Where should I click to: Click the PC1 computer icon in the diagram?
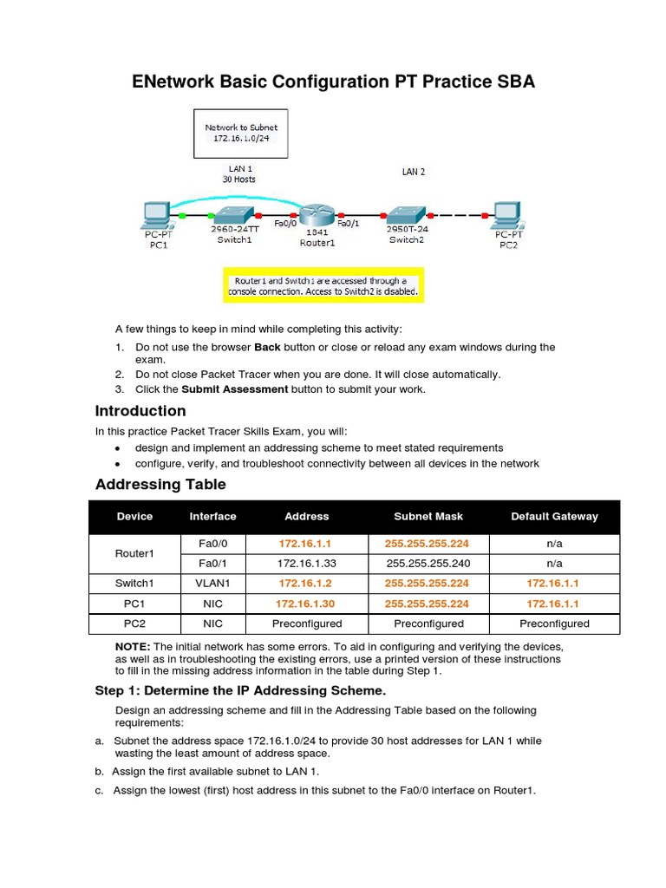pos(157,213)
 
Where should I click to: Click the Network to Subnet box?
pos(241,133)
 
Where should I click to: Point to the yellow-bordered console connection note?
pos(323,286)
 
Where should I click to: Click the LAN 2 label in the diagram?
pos(414,172)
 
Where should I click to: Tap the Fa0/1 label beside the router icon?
pos(348,224)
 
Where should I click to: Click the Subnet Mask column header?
pos(428,516)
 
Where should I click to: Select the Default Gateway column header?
pos(554,516)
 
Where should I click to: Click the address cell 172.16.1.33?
pos(307,563)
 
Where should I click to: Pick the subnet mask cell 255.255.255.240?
pos(428,563)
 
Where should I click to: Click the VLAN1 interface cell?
pos(212,583)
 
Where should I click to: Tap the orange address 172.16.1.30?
pos(307,604)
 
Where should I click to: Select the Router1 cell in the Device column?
pos(134,553)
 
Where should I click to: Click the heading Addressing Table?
pos(160,485)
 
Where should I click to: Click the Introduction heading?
pos(140,411)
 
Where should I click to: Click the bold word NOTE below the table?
pos(133,647)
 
